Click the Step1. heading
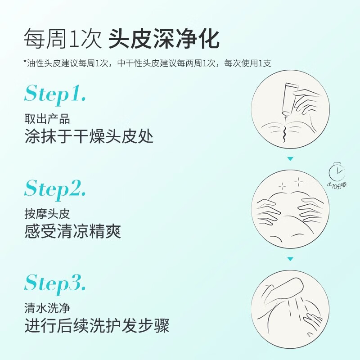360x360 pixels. pos(55,94)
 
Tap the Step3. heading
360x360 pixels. pos(55,283)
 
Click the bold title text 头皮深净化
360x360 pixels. pos(164,40)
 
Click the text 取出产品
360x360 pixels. pos(47,119)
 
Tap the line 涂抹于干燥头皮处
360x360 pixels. pos(89,136)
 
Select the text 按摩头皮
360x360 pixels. pos(47,214)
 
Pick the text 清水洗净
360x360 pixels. pos(47,308)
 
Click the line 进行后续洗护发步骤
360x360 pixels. pos(97,326)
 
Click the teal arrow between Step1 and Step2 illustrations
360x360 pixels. pos(290,159)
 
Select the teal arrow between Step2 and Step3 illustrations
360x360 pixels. pos(290,259)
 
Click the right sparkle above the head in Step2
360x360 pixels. pos(298,181)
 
